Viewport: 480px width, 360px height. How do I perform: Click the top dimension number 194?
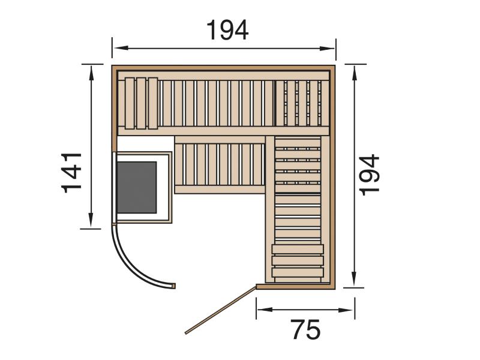[227, 31]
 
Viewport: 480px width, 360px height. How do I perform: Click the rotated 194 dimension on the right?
[369, 175]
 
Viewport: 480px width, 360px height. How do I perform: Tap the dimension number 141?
[71, 173]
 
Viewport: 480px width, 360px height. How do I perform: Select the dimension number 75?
[306, 329]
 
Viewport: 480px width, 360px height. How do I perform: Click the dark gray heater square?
[137, 188]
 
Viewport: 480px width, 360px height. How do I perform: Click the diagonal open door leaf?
[220, 310]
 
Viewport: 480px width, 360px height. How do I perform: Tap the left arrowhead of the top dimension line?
[121, 48]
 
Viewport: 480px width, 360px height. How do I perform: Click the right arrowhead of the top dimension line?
[327, 49]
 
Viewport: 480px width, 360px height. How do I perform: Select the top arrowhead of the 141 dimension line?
[91, 73]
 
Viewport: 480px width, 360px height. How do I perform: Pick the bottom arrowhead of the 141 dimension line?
[91, 220]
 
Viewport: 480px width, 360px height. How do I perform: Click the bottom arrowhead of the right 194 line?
[354, 279]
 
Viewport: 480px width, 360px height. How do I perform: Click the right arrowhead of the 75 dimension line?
[346, 310]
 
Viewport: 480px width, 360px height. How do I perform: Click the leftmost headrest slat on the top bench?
[130, 103]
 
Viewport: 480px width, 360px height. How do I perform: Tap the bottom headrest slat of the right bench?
[298, 272]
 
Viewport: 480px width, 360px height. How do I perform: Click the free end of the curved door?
[174, 286]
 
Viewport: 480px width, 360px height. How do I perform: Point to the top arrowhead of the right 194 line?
[354, 73]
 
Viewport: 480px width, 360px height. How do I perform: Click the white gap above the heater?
[146, 143]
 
